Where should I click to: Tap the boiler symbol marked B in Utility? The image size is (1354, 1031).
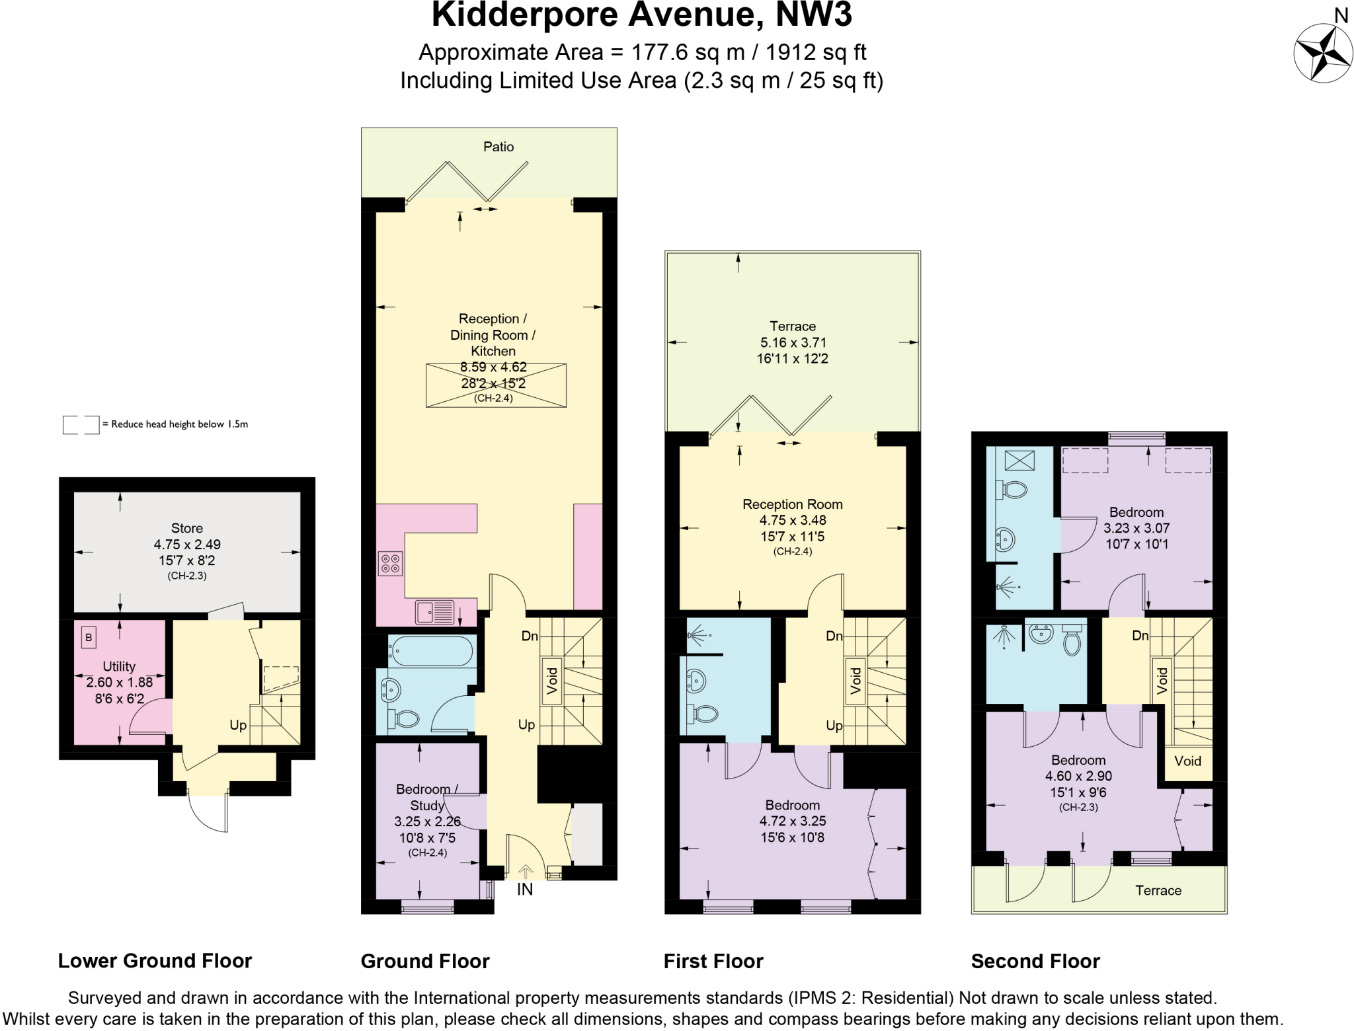coord(89,638)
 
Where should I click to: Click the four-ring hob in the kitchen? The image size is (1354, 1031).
coord(389,563)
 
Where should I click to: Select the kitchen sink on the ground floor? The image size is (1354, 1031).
coord(434,612)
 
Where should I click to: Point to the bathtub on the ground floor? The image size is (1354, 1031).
coord(430,650)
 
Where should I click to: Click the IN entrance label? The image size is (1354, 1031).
coord(524,890)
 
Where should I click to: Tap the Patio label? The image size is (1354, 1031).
coord(498,147)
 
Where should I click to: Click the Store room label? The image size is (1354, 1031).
coord(186,528)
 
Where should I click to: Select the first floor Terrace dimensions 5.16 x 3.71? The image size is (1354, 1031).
coord(792,342)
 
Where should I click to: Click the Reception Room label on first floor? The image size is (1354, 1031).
coord(792,504)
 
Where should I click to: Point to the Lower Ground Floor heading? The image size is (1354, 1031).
coord(155,960)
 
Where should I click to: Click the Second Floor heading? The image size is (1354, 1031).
coord(1035,961)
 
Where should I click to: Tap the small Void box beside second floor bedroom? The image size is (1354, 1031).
coord(1187,761)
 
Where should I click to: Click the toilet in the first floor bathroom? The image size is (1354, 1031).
coord(703,714)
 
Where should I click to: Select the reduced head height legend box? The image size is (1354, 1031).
coord(81,424)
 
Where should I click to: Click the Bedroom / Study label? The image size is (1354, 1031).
coord(426,797)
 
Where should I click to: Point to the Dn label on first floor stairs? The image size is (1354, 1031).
coord(834,636)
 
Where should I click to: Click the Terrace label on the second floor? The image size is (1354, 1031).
coord(1158,890)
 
